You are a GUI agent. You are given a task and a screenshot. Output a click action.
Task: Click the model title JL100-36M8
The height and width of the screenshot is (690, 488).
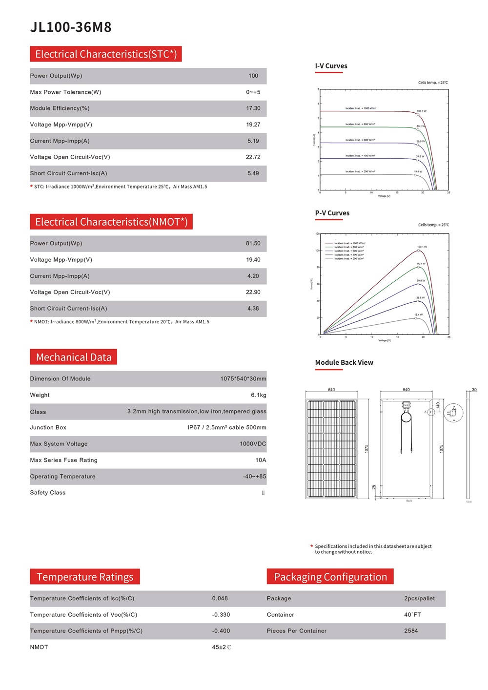tap(71, 27)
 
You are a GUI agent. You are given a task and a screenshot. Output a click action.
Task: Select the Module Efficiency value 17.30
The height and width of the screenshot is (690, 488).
tap(253, 108)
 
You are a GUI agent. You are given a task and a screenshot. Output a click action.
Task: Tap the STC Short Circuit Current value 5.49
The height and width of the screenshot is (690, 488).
tap(253, 173)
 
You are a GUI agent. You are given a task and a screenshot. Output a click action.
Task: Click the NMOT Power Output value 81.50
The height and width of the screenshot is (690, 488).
tap(253, 244)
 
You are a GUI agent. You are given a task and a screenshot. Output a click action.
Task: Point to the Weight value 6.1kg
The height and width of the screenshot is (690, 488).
tap(258, 395)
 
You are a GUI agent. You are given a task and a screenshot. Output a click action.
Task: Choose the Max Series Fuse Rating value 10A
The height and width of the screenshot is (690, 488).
tap(261, 460)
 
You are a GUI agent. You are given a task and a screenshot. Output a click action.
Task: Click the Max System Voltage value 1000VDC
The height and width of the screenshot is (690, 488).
tap(253, 444)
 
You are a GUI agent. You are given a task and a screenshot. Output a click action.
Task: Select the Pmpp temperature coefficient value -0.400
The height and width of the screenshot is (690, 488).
tap(221, 631)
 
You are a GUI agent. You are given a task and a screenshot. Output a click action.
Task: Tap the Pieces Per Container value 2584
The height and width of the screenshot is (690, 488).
tap(411, 631)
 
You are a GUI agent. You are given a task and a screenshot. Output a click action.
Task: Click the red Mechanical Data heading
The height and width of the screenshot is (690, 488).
tap(73, 357)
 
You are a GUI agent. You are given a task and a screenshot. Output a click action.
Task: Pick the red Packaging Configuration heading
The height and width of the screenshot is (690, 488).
tap(330, 577)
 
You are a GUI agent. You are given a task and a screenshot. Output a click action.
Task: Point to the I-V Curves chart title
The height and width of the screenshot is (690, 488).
tap(331, 66)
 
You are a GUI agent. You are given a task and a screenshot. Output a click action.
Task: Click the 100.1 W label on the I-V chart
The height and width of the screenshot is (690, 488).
tap(421, 111)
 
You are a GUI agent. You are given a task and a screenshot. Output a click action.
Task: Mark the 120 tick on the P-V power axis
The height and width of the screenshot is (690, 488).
tap(317, 234)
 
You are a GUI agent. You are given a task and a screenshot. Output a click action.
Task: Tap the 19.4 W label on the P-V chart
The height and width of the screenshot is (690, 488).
tap(418, 315)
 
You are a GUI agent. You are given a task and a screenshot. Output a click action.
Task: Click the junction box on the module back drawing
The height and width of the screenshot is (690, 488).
tap(406, 405)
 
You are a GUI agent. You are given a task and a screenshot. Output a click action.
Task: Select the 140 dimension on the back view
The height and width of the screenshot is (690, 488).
tap(438, 405)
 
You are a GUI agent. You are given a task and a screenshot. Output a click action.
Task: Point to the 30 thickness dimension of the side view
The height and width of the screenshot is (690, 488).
tap(474, 390)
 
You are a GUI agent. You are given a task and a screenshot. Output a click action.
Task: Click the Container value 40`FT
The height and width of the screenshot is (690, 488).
tap(412, 615)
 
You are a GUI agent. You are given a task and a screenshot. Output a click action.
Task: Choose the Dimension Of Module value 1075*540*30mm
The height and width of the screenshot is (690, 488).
tap(243, 379)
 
